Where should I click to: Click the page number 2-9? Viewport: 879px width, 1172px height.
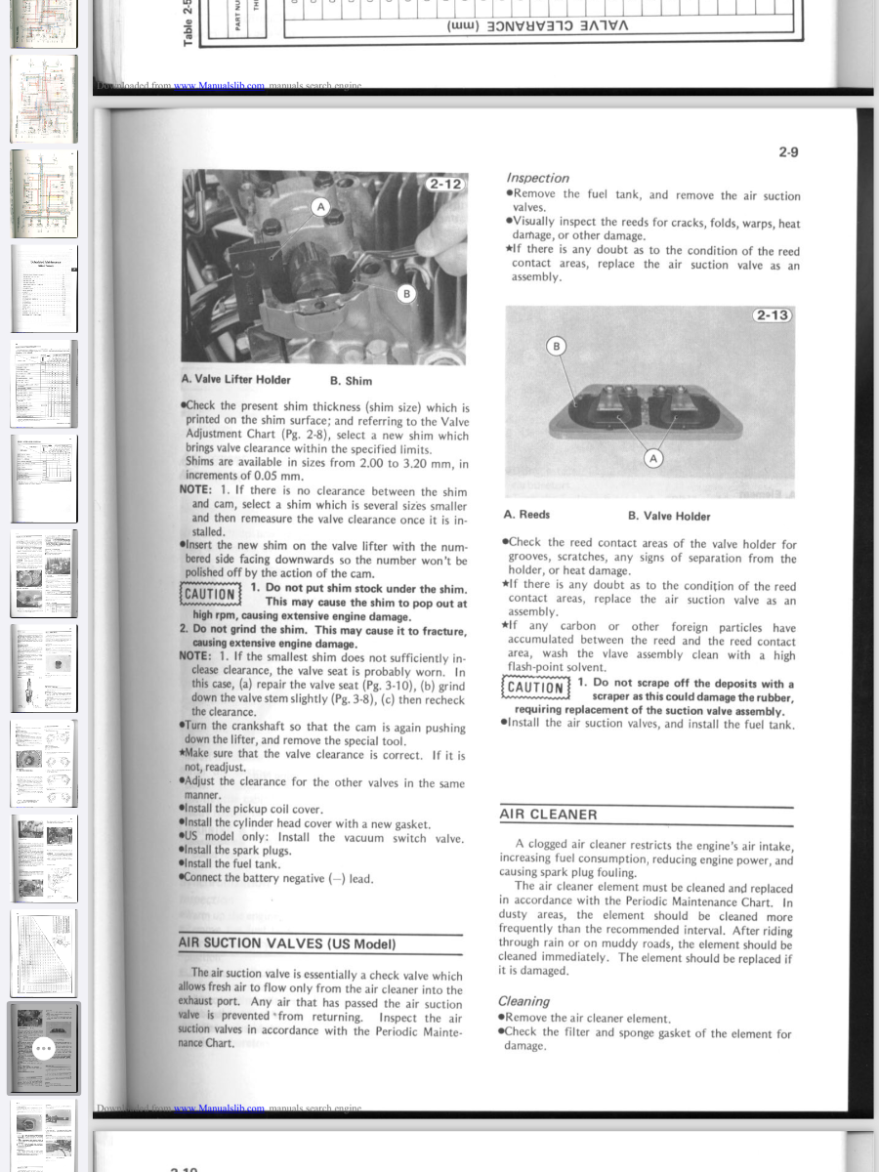pyautogui.click(x=788, y=152)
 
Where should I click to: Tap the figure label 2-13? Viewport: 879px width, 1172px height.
pyautogui.click(x=772, y=314)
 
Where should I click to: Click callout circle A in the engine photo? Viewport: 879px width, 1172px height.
pyautogui.click(x=320, y=207)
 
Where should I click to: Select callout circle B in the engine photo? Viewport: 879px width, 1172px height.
pyautogui.click(x=406, y=294)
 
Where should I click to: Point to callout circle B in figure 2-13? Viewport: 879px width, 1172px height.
pyautogui.click(x=557, y=346)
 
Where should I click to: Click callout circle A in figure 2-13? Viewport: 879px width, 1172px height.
pyautogui.click(x=653, y=458)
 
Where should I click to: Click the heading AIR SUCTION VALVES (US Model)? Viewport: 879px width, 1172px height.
pyautogui.click(x=288, y=943)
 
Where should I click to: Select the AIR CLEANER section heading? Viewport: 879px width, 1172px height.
pyautogui.click(x=548, y=815)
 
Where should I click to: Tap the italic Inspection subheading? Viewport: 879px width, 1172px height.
pyautogui.click(x=537, y=178)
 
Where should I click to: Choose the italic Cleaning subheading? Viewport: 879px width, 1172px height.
pyautogui.click(x=523, y=1001)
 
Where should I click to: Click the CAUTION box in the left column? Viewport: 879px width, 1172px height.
pyautogui.click(x=209, y=594)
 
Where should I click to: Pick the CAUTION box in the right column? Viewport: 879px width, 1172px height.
pyautogui.click(x=534, y=687)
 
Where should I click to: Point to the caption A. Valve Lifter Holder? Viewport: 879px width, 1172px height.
pyautogui.click(x=235, y=380)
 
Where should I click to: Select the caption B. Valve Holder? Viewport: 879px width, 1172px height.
pyautogui.click(x=669, y=516)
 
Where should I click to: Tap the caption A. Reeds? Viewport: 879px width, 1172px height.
pyautogui.click(x=526, y=515)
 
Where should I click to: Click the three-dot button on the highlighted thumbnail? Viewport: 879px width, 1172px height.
pyautogui.click(x=43, y=1049)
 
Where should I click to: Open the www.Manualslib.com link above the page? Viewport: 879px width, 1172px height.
pyautogui.click(x=219, y=86)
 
